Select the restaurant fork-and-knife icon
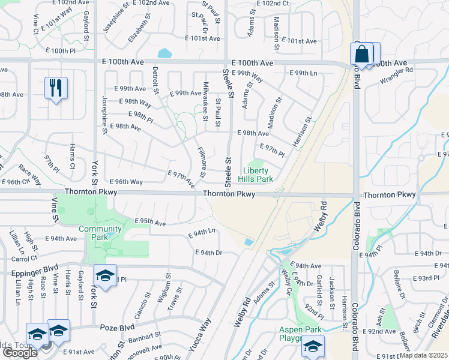click(x=56, y=88)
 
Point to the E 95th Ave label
click(x=150, y=223)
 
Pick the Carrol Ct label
click(x=24, y=259)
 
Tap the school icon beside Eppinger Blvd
click(x=105, y=276)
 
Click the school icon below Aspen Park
click(x=313, y=346)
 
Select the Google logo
click(x=19, y=353)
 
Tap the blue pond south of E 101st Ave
click(x=164, y=53)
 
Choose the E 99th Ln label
click(x=303, y=73)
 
